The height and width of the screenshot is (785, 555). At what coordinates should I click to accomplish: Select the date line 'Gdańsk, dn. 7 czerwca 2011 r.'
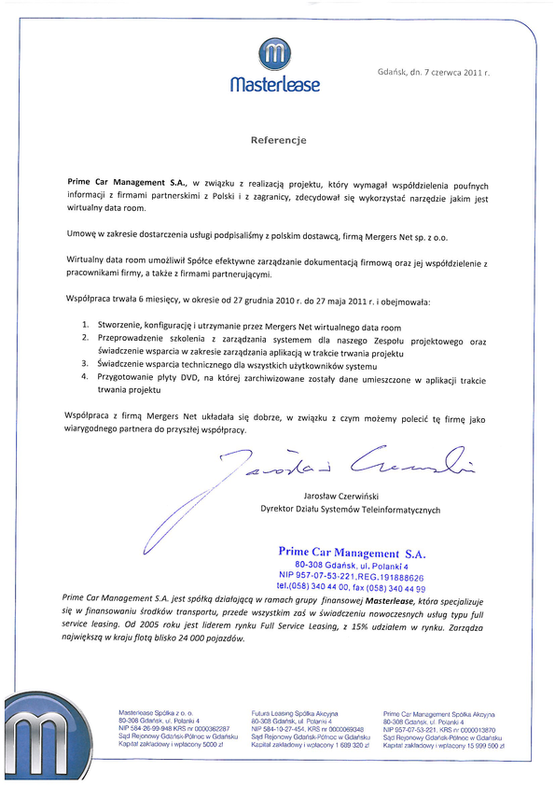click(434, 72)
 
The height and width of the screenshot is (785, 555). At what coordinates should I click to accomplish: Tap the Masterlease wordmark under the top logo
click(275, 85)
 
